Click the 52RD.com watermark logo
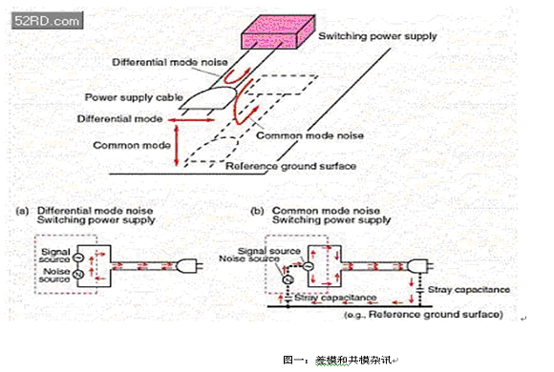[48, 20]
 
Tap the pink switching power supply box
[278, 31]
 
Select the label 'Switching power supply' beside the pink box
[377, 36]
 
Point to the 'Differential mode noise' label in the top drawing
[170, 62]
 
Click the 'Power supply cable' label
[134, 97]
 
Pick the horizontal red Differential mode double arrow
[191, 120]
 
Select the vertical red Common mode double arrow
[177, 145]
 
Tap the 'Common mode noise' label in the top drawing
[309, 135]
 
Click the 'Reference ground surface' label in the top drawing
[290, 166]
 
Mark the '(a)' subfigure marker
[22, 211]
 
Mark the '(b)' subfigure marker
[257, 211]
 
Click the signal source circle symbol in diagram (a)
[77, 258]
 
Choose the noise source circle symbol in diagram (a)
[77, 274]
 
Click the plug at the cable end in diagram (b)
[419, 265]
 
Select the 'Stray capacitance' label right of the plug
[469, 290]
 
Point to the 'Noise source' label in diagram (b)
[249, 258]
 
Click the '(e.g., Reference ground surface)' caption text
[424, 315]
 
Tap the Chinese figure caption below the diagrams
[338, 360]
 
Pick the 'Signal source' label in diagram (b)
[269, 251]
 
